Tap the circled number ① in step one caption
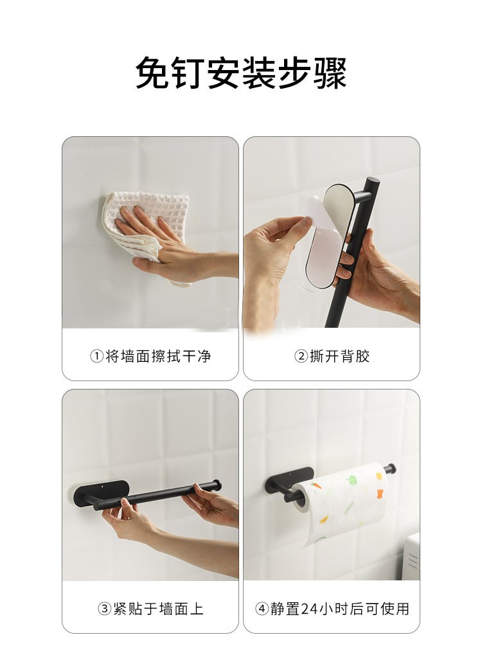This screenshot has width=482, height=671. click(96, 356)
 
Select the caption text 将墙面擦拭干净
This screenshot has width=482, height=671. click(158, 356)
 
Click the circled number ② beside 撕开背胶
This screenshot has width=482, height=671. click(301, 356)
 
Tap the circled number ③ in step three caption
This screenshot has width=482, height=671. click(104, 609)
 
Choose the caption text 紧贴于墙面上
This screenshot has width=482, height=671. click(158, 609)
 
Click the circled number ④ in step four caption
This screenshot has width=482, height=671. click(262, 609)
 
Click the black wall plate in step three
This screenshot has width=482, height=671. click(96, 492)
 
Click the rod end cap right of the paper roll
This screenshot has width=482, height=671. click(391, 467)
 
